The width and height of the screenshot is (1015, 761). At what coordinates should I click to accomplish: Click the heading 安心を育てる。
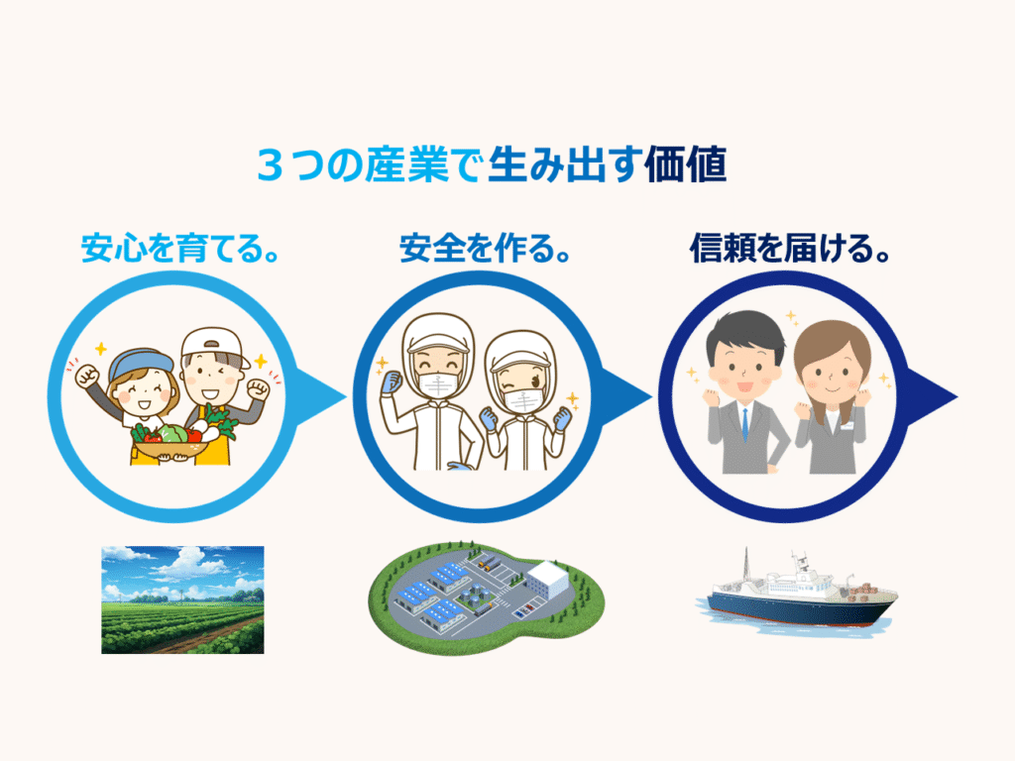(180, 249)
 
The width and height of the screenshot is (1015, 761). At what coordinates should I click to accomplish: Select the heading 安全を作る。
(485, 249)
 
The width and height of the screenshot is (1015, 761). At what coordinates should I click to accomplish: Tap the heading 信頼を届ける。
(790, 249)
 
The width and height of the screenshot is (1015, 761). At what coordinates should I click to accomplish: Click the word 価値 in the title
(686, 164)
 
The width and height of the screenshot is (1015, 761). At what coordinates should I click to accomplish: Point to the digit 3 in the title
(270, 165)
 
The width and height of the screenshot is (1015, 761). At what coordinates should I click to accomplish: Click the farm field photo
(182, 599)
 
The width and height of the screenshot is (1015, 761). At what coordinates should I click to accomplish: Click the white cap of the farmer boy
(214, 347)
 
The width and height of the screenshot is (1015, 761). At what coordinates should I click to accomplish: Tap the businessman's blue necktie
(745, 424)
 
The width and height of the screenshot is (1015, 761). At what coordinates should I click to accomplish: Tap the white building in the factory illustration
(547, 580)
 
